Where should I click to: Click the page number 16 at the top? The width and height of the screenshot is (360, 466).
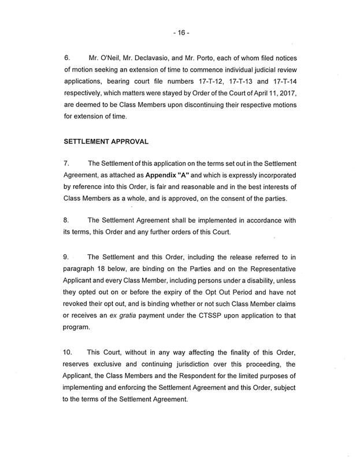[180, 33]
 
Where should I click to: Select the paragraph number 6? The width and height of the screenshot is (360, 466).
[66, 58]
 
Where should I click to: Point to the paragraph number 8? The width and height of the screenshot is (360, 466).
[66, 219]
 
